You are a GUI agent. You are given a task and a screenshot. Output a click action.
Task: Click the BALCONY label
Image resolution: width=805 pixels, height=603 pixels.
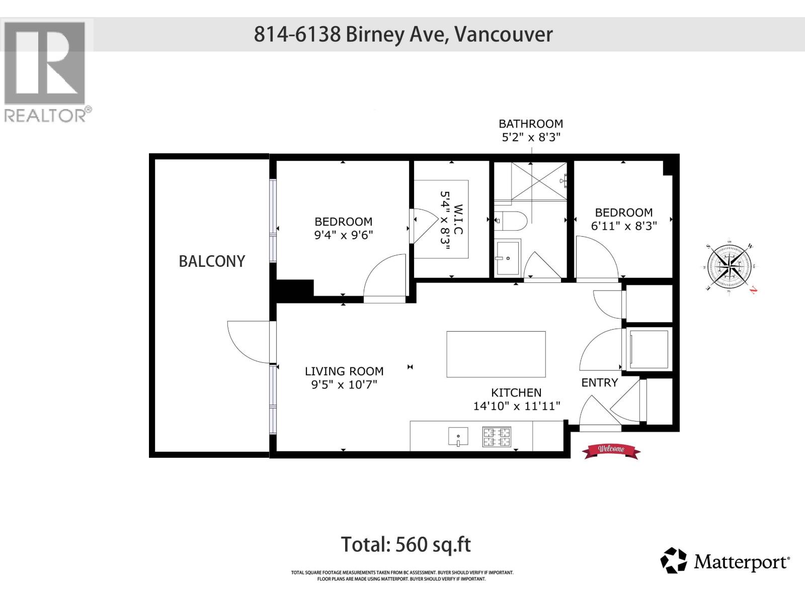click(x=212, y=261)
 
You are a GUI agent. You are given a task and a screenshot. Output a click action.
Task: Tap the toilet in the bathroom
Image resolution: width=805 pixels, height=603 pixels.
click(x=510, y=220)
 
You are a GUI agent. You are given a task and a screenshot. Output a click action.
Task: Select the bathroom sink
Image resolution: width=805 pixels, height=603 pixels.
click(x=508, y=257)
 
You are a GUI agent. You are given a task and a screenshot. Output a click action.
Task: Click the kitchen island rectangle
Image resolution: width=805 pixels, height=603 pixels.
click(x=496, y=354)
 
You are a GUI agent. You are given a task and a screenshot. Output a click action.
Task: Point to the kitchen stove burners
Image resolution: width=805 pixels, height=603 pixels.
click(x=497, y=437)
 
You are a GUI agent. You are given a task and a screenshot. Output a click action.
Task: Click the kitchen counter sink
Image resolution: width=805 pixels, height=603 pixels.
click(x=458, y=437)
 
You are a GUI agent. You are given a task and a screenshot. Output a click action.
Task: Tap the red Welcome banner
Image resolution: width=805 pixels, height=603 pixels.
click(x=611, y=450)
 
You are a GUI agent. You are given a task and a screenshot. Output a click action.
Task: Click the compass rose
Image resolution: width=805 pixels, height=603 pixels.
click(x=729, y=266)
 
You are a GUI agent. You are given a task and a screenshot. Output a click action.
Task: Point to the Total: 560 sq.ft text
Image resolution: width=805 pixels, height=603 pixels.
click(x=406, y=544)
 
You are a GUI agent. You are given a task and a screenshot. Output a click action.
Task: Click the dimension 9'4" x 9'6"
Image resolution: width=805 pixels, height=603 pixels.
click(x=344, y=235)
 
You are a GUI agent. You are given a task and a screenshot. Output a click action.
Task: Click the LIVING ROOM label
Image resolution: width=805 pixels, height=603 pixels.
click(x=344, y=371)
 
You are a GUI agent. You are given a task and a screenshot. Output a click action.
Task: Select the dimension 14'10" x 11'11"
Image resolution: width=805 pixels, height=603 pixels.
click(x=517, y=406)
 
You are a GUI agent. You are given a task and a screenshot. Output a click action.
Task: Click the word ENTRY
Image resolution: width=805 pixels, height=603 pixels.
click(x=599, y=382)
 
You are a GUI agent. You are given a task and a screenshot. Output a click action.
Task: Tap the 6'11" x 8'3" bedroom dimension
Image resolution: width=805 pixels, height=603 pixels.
click(x=624, y=226)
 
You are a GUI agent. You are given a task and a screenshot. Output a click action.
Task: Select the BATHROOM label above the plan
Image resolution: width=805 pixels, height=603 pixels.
click(x=531, y=124)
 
